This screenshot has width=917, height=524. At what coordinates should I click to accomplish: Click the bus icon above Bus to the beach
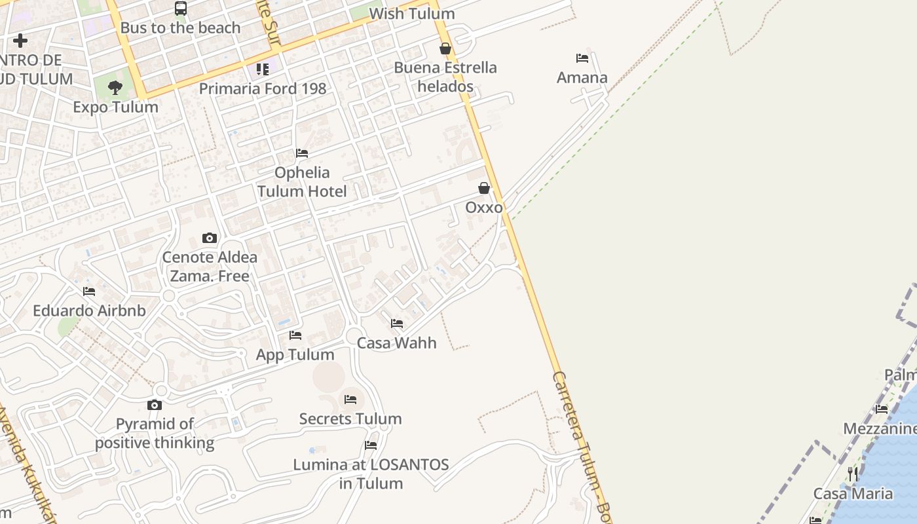click(181, 9)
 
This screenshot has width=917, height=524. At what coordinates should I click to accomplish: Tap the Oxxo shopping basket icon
click(484, 189)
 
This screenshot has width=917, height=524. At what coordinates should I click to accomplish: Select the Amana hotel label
click(582, 78)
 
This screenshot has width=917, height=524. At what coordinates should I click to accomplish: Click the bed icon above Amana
click(582, 58)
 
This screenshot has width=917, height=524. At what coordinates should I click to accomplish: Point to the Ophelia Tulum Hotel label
click(302, 182)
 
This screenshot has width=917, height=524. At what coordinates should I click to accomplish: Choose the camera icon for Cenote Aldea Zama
click(210, 238)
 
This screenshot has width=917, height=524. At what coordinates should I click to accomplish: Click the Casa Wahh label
click(396, 343)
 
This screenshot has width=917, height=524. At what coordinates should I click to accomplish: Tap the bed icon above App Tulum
click(295, 335)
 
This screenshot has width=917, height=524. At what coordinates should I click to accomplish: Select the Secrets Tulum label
click(350, 419)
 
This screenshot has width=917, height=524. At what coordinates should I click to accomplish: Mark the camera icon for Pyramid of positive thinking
click(155, 405)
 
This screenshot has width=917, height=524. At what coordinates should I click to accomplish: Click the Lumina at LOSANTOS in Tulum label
click(371, 474)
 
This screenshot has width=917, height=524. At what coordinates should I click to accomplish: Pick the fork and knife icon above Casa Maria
click(853, 474)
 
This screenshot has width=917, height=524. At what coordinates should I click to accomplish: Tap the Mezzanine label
click(880, 429)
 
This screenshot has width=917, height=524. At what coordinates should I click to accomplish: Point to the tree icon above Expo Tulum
click(115, 87)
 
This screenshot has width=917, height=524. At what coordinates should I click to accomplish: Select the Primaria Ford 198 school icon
click(263, 69)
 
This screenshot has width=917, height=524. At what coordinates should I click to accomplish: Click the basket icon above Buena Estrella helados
click(445, 48)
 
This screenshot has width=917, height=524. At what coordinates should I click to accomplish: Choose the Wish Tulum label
click(411, 14)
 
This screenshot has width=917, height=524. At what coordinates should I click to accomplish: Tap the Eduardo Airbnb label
click(89, 310)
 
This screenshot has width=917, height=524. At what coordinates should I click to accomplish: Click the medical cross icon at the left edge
click(20, 41)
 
